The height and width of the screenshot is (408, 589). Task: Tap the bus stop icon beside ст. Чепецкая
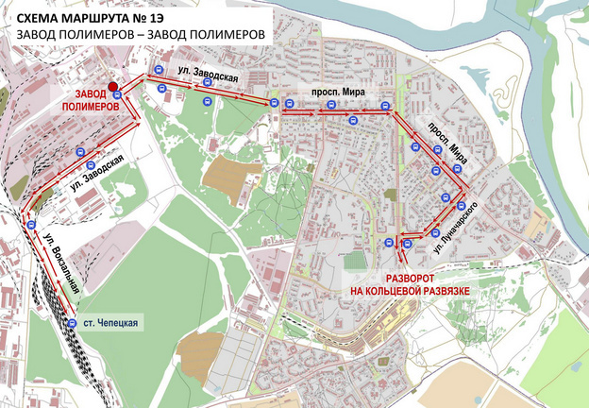click(73, 324)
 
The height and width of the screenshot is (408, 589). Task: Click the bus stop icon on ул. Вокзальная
click(31, 226)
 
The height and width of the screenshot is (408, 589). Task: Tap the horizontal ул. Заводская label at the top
click(205, 72)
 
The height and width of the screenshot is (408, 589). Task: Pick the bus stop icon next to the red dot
click(116, 93)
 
